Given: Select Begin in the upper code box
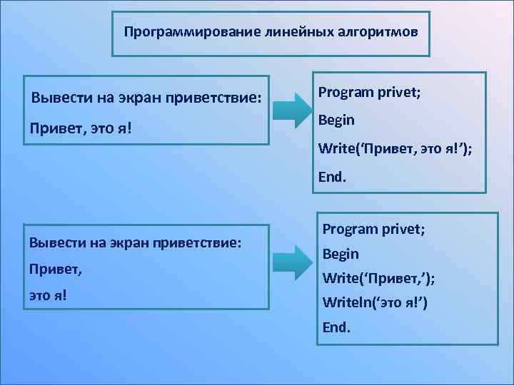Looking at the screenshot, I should pyautogui.click(x=336, y=120).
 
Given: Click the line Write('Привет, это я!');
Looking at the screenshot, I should pyautogui.click(x=395, y=148).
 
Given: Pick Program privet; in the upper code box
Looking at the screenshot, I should pyautogui.click(x=368, y=92).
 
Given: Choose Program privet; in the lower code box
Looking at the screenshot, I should pyautogui.click(x=373, y=229).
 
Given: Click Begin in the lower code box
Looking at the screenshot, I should pyautogui.click(x=341, y=254).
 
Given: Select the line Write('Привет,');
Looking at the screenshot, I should pyautogui.click(x=378, y=278).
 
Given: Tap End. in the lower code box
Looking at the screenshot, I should pyautogui.click(x=337, y=328).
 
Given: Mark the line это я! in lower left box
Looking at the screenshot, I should pyautogui.click(x=48, y=294).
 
